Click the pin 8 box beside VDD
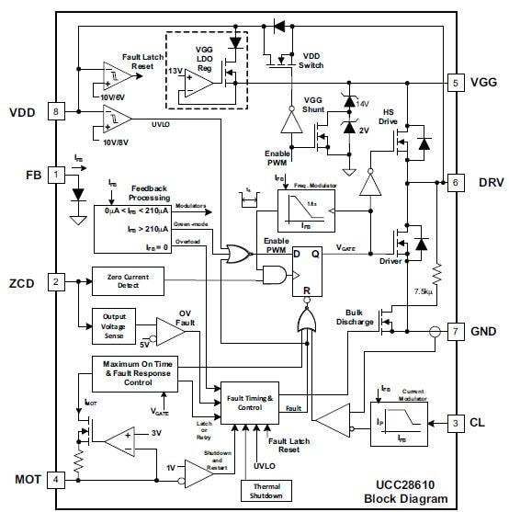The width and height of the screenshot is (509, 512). [x=57, y=112]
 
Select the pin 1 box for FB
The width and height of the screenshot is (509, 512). [x=57, y=173]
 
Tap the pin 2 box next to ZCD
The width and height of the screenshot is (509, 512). [x=57, y=281]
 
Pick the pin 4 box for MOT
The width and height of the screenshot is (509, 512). [x=57, y=479]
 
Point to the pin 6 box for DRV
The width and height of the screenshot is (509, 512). [x=455, y=182]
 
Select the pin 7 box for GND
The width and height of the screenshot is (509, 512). [x=455, y=328]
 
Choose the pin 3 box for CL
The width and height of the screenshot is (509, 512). [x=455, y=423]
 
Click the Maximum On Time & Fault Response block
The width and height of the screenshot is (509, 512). [x=138, y=374]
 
